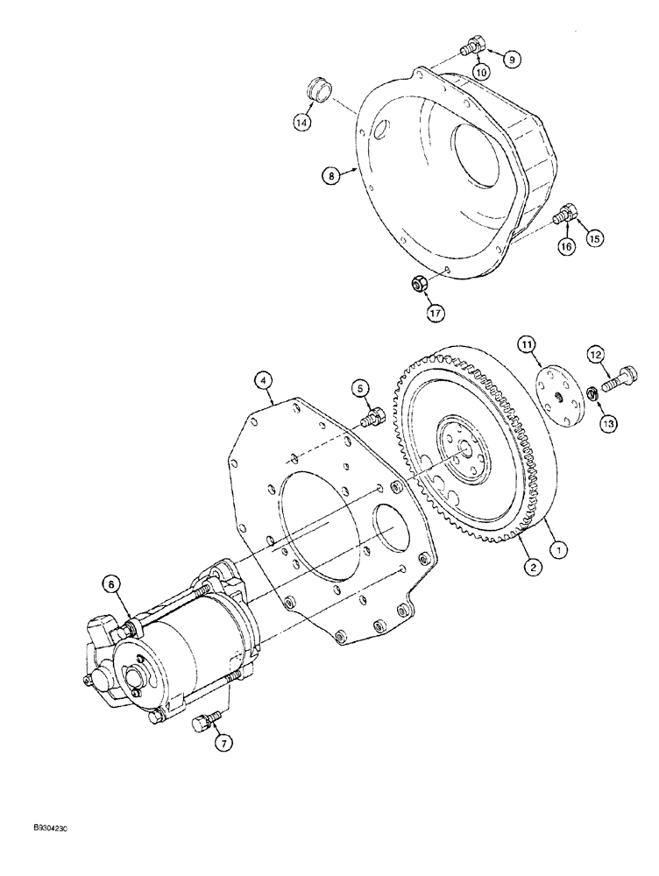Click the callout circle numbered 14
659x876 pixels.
[302, 124]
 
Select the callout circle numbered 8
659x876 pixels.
[331, 176]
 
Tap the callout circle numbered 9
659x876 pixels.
[511, 60]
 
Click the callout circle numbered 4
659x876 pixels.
[262, 380]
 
